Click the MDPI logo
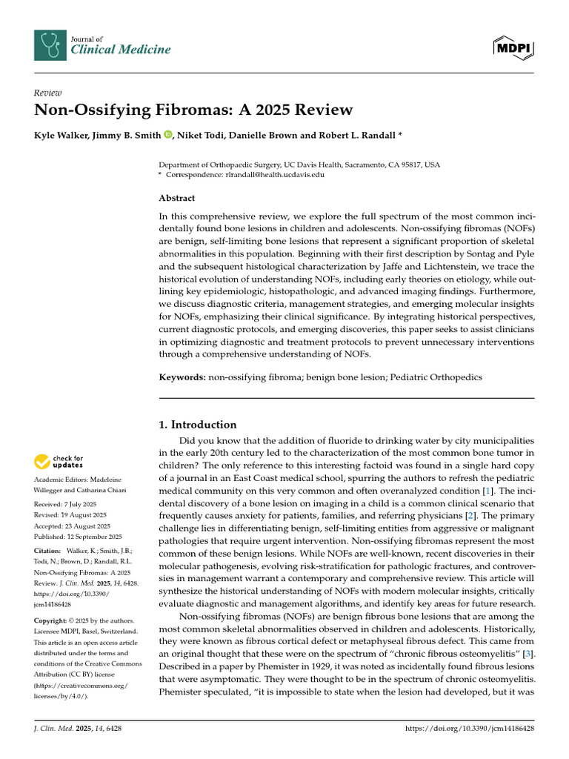coord(513,48)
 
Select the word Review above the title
coord(47,93)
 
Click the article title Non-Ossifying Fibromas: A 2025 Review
coord(194,110)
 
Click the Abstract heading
coord(177,198)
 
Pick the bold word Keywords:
coord(182,377)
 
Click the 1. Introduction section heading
coord(198,425)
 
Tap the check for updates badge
coord(59,462)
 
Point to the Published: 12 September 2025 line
coord(79,536)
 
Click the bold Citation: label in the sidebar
coord(48,551)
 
